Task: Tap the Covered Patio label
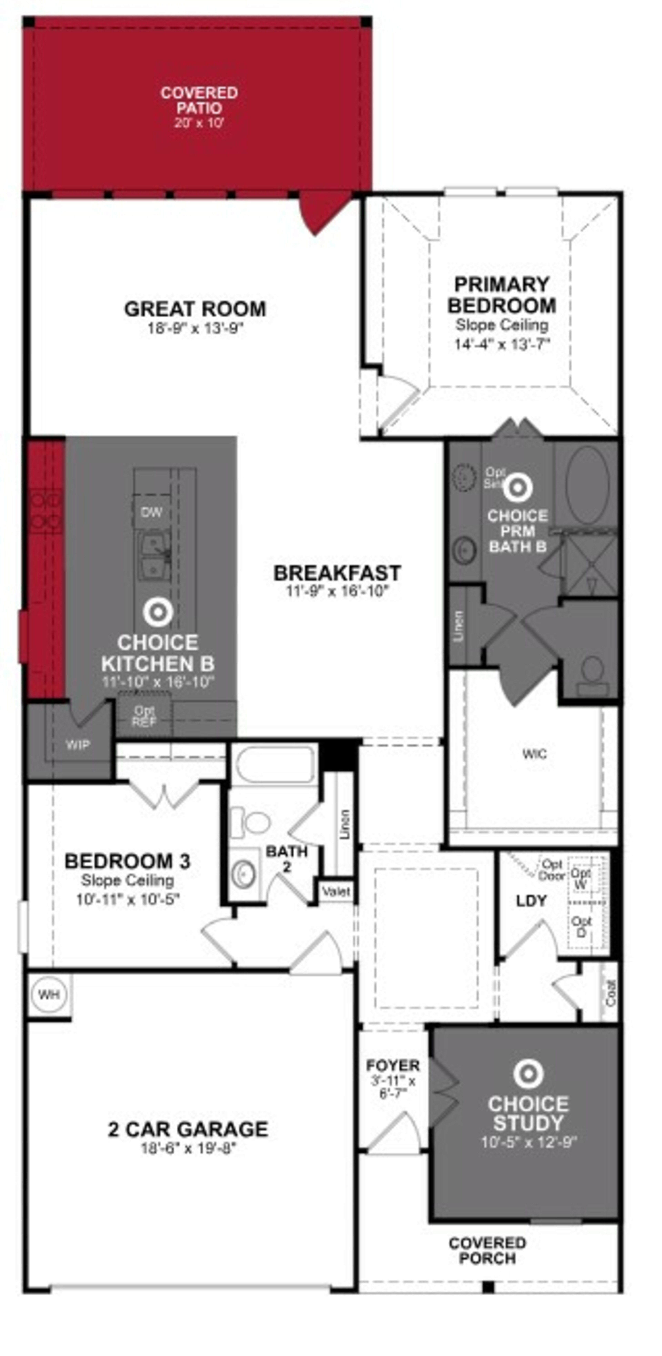click(199, 101)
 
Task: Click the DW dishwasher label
click(152, 512)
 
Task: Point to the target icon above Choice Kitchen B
click(158, 612)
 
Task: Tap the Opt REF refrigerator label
click(144, 716)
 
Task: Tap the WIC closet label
click(535, 754)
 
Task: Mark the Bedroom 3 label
click(127, 861)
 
